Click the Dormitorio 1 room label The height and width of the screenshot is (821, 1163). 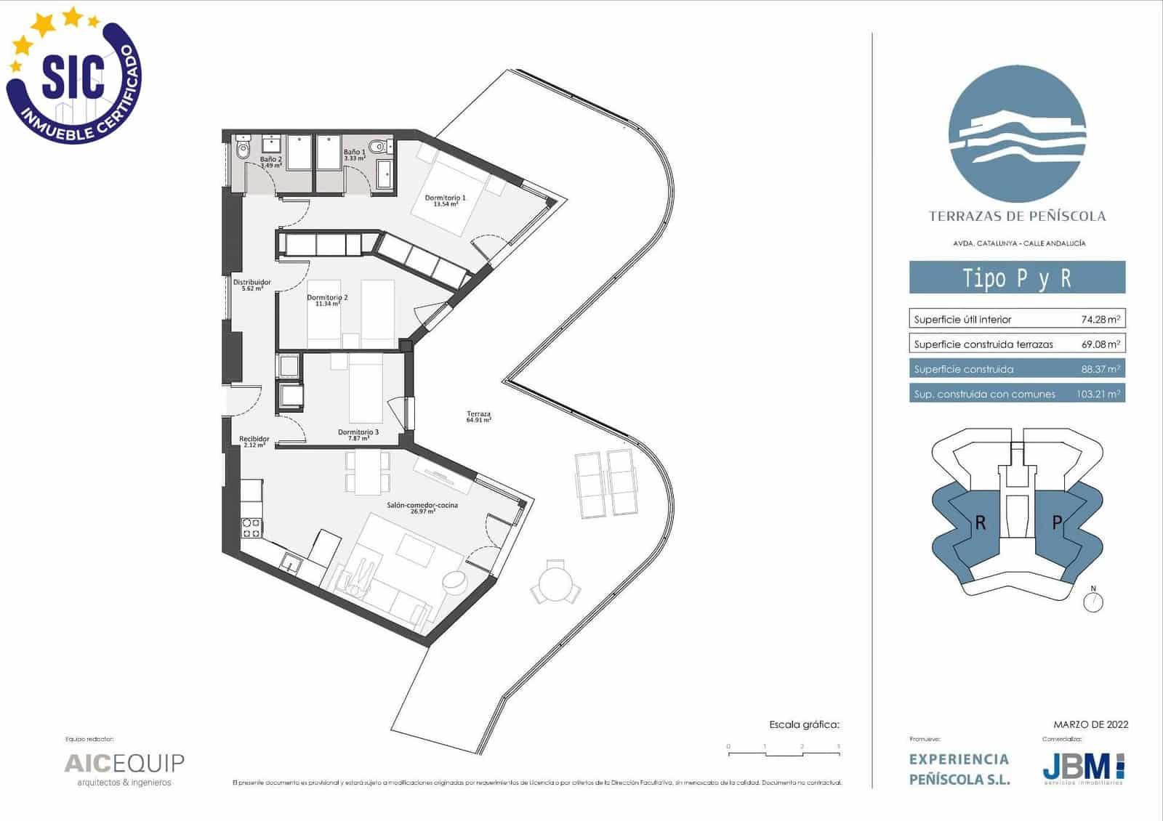[x=445, y=201]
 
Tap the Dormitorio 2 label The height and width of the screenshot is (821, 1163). [x=327, y=300]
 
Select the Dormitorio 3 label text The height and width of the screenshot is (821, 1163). [x=358, y=435]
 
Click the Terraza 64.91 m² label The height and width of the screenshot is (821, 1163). [x=479, y=416]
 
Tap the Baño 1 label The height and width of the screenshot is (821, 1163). [x=354, y=155]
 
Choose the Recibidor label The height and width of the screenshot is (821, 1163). [x=254, y=441]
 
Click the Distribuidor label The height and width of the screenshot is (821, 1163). [x=251, y=285]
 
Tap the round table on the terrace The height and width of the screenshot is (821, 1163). [x=555, y=582]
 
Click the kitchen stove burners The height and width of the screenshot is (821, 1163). [x=251, y=528]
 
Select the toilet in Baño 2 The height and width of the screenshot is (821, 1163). [x=242, y=150]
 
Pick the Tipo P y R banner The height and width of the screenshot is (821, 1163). [x=1017, y=278]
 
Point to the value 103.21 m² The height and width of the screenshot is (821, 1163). [x=1098, y=395]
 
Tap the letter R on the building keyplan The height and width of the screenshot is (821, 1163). [x=981, y=522]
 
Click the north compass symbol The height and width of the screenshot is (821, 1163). [x=1093, y=602]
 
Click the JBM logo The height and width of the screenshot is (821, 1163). [x=1083, y=767]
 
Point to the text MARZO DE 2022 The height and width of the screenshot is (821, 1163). [x=1090, y=724]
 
